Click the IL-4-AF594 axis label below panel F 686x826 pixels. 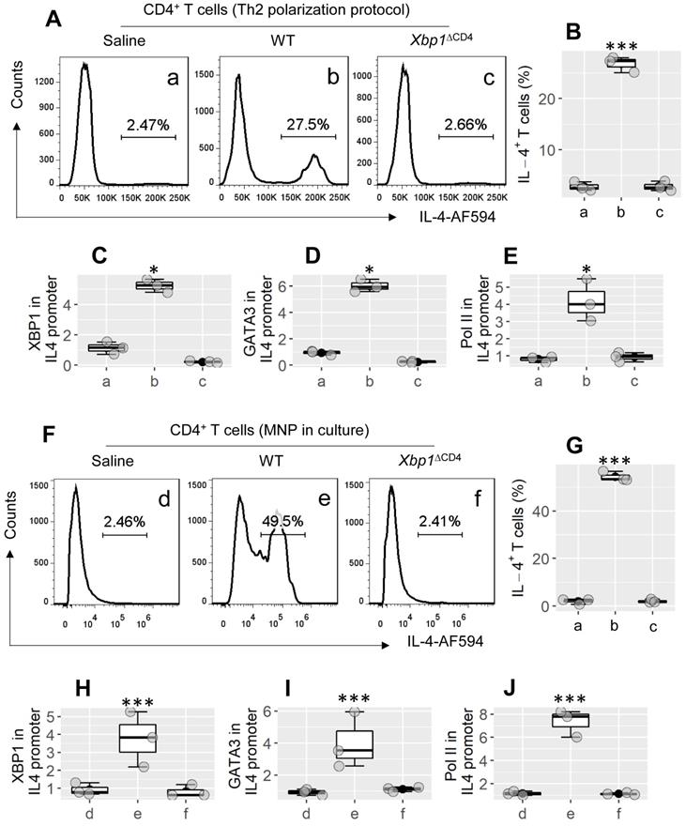click(x=352, y=649)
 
